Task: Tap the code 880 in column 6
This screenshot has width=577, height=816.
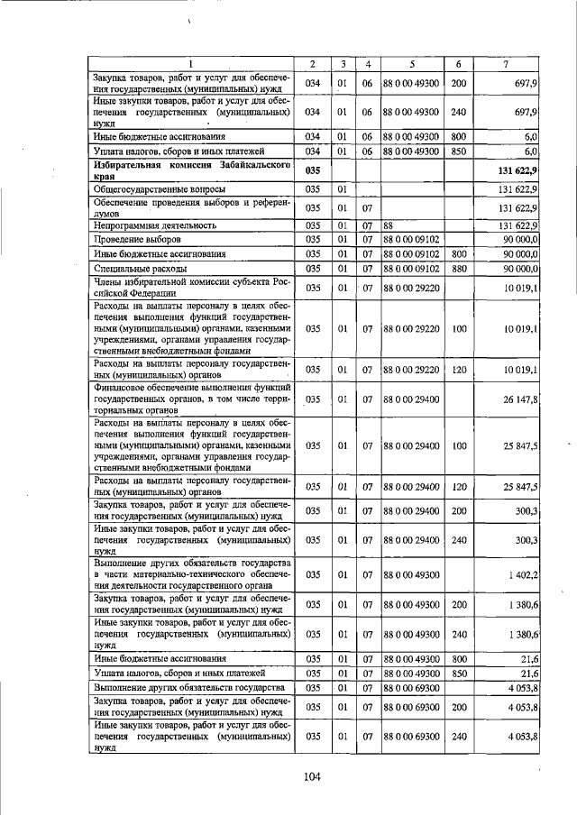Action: click(x=458, y=269)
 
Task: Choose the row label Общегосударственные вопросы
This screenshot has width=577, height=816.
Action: click(x=152, y=191)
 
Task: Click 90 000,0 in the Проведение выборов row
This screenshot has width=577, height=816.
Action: click(x=521, y=240)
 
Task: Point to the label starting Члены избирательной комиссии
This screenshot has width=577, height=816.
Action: click(x=191, y=288)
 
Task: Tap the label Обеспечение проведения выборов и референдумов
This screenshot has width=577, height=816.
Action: click(x=191, y=208)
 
